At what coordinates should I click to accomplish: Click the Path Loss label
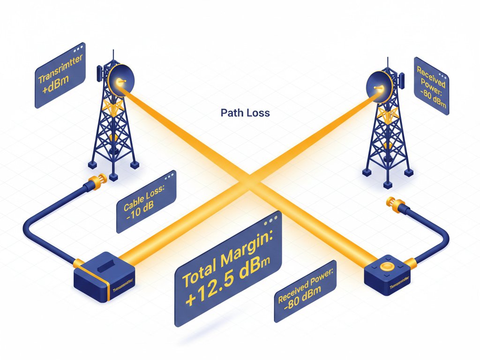(245, 113)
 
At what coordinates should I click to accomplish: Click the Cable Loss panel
(146, 202)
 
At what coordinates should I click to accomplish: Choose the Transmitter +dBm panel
(60, 75)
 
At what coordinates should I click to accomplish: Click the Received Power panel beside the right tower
(431, 85)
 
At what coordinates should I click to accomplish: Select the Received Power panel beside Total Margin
(305, 292)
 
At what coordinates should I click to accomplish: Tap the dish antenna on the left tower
(121, 81)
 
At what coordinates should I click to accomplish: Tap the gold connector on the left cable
(99, 180)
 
